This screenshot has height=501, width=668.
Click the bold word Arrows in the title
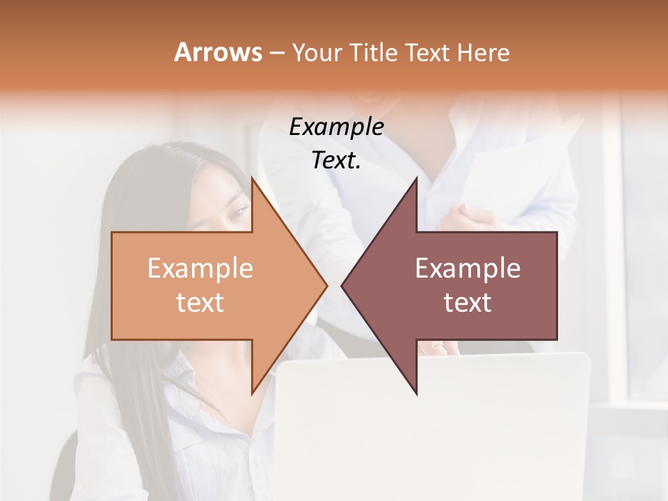[x=218, y=52]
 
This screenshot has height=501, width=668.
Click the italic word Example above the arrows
[x=336, y=127]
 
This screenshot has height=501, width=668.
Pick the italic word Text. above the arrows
[x=336, y=160]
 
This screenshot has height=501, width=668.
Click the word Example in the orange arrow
[x=200, y=269]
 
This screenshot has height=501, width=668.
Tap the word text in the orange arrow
[x=200, y=302]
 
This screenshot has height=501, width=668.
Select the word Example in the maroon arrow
[x=468, y=269]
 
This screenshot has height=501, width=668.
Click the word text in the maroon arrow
[x=468, y=302]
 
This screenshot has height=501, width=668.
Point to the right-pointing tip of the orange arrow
[x=326, y=285]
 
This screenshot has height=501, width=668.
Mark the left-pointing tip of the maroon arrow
[x=342, y=285]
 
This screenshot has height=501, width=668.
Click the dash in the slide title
[x=276, y=53]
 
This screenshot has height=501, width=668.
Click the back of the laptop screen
[x=431, y=431]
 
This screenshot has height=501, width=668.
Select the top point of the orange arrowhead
[x=252, y=177]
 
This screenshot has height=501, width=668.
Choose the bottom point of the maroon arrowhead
[x=416, y=395]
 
